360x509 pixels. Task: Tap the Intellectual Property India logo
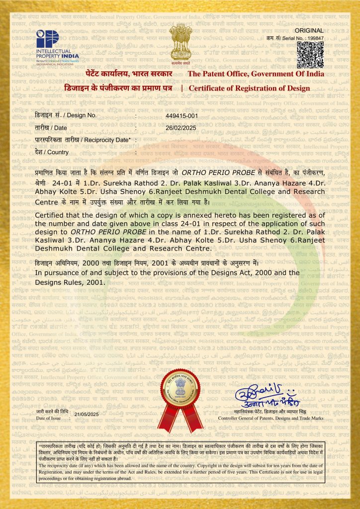pos(51,45)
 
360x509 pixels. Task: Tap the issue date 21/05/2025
pos(87,414)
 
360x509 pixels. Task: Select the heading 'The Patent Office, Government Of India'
pos(256,74)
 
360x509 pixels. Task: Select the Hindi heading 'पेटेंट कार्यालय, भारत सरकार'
pos(129,74)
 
